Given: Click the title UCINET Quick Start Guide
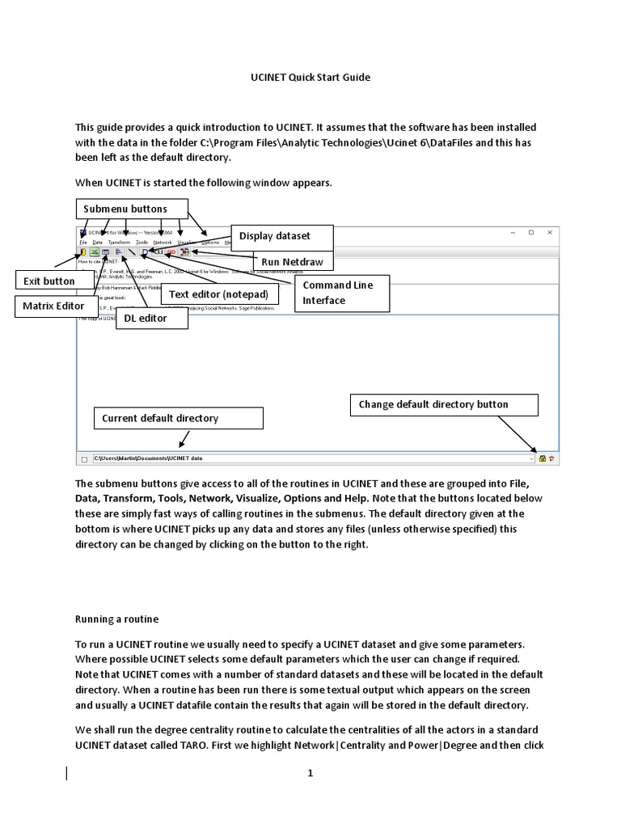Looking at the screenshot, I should (310, 78).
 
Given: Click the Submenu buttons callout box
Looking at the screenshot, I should (132, 209).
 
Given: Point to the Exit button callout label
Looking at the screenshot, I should (49, 281).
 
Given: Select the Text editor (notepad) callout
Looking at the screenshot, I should (218, 294).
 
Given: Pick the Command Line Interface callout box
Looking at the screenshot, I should (342, 293).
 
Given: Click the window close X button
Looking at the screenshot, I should (550, 232).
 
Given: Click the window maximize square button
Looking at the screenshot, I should (531, 232).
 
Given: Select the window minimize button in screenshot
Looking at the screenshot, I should (513, 232).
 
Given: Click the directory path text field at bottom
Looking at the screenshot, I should (311, 458).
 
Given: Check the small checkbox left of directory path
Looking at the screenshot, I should (84, 459).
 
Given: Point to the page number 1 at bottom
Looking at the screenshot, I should (310, 774).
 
